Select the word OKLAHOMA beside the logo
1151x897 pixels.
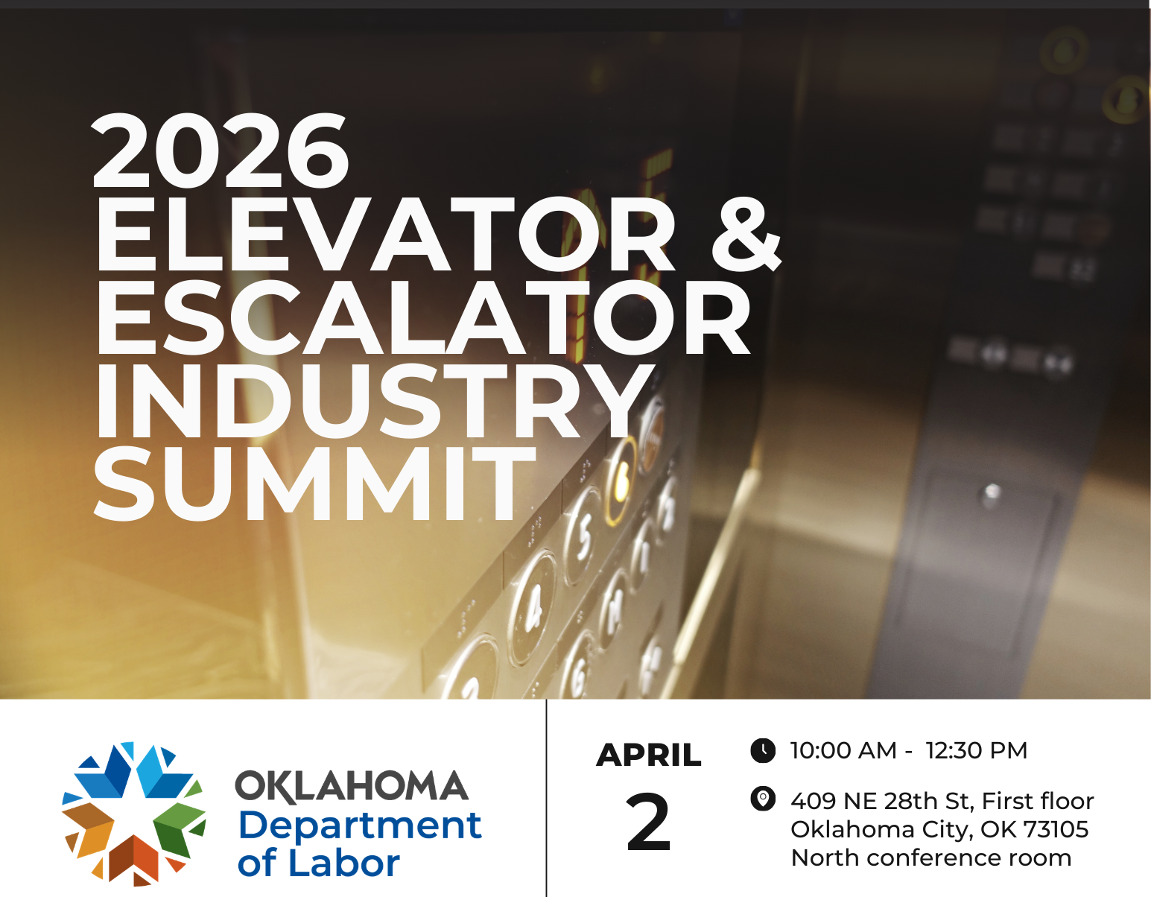click(352, 787)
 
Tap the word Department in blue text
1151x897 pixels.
click(360, 825)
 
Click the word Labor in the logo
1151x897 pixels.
click(343, 863)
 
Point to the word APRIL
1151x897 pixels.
click(649, 755)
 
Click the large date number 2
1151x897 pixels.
click(648, 823)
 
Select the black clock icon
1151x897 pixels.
click(762, 750)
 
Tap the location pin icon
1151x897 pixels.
click(762, 799)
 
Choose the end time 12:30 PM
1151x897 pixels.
click(976, 750)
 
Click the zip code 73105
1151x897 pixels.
click(1056, 829)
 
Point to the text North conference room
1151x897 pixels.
click(930, 858)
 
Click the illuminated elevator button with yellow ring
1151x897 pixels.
click(621, 481)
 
